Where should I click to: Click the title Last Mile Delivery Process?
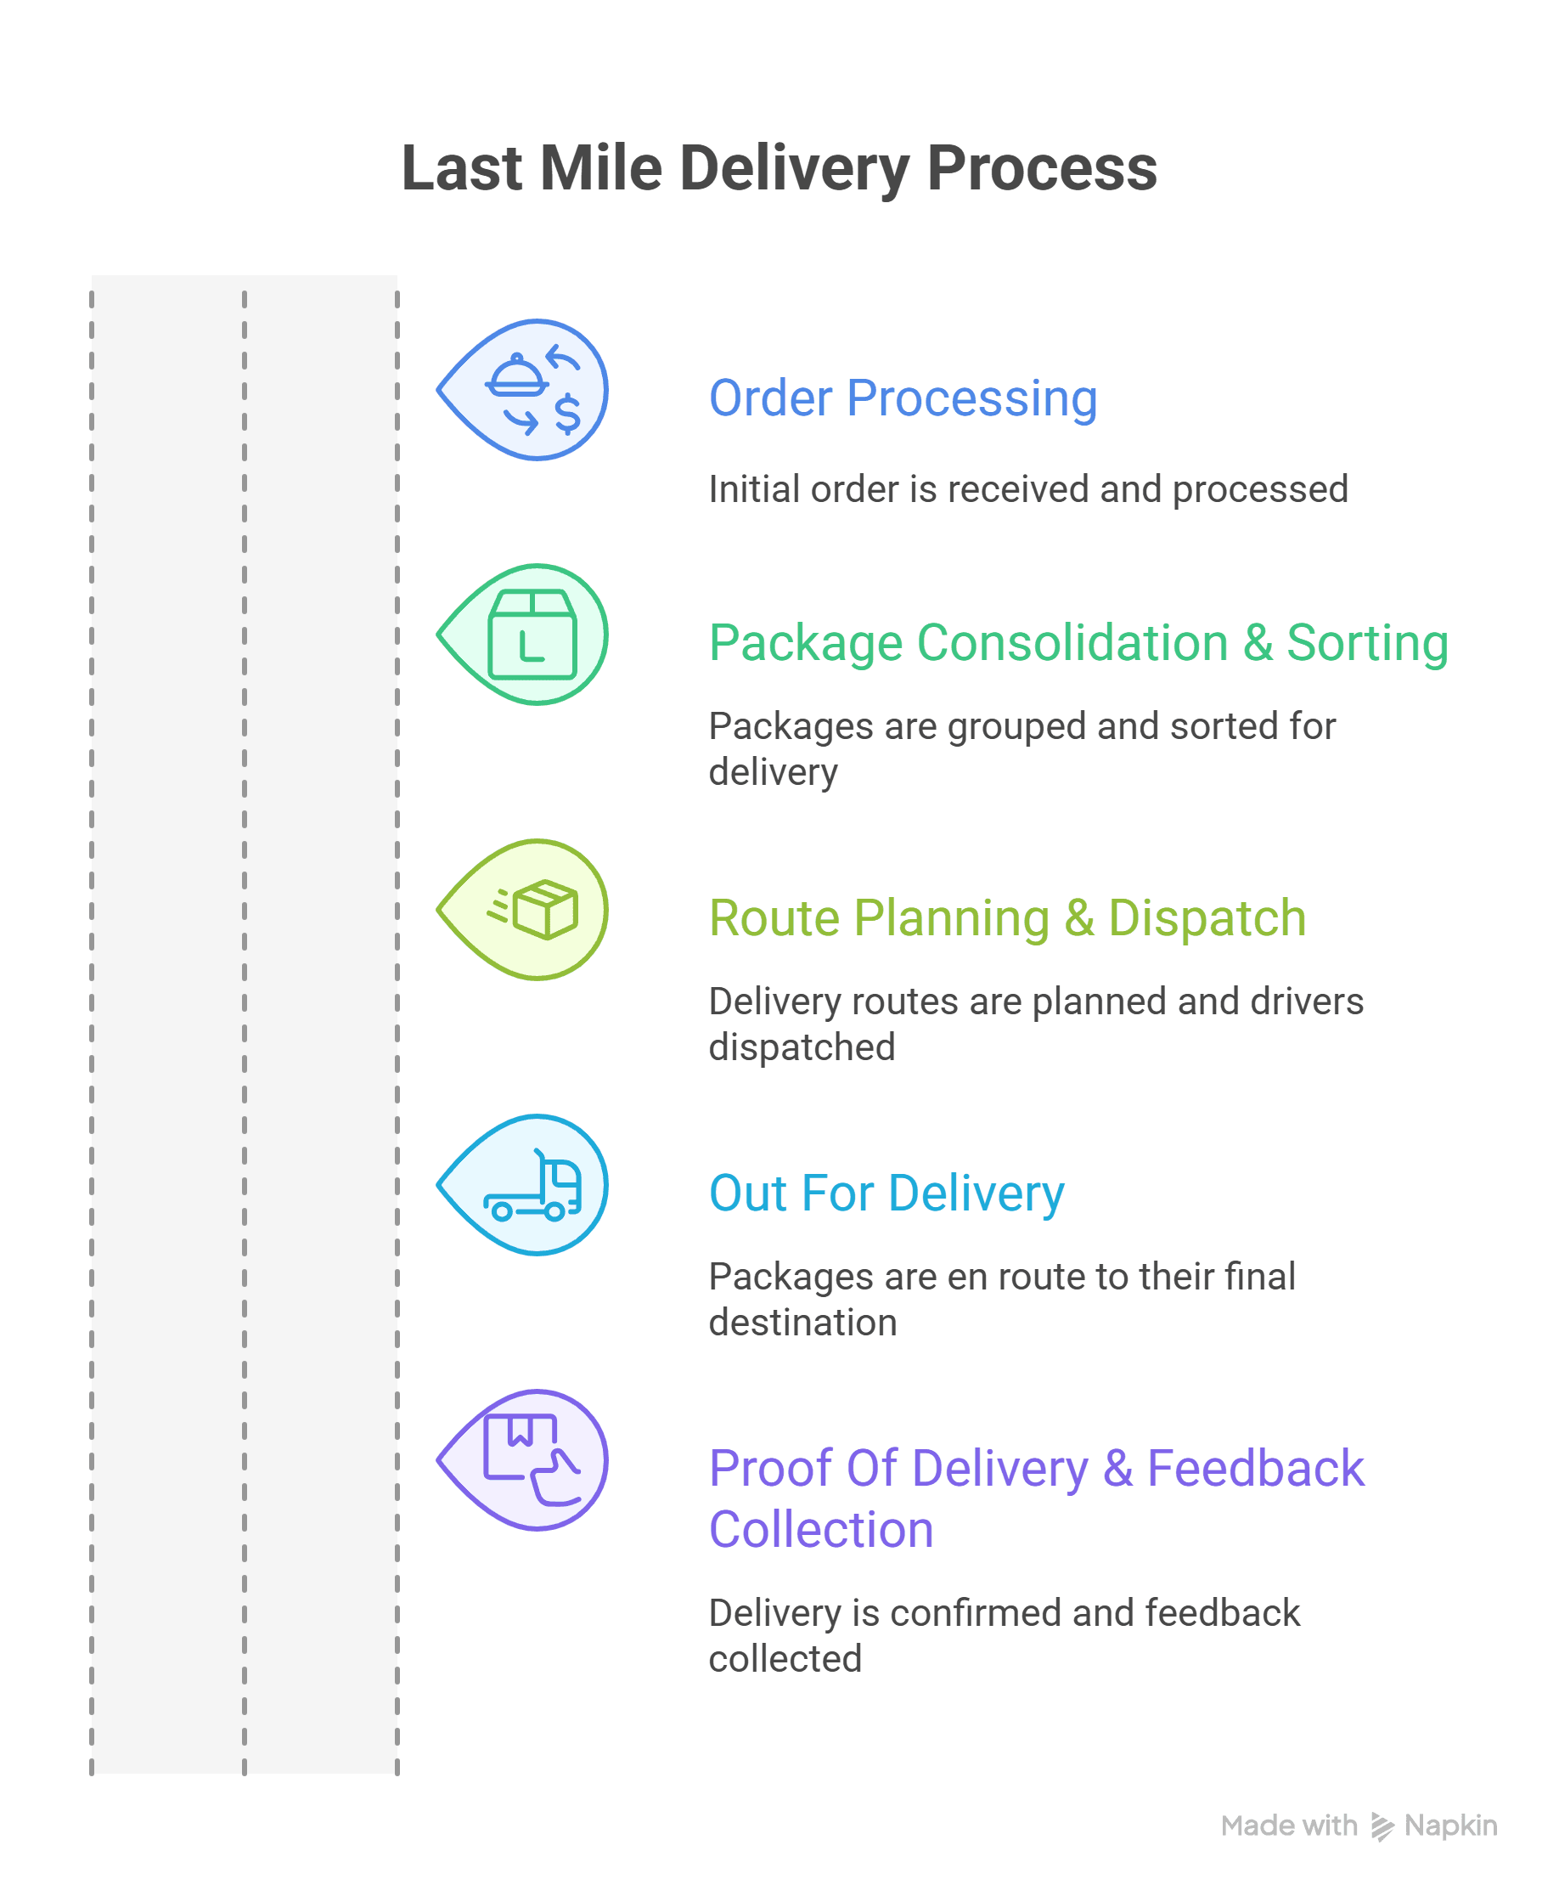tap(779, 169)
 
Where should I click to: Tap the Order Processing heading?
tap(903, 398)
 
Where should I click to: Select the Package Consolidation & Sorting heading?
tap(1078, 643)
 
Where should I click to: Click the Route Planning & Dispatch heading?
tap(1007, 918)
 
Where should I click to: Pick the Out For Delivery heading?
tap(886, 1193)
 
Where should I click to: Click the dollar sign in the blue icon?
tap(567, 414)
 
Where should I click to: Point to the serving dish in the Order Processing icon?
tap(516, 376)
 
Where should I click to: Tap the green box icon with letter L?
tap(532, 635)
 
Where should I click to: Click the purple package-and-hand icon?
tap(532, 1459)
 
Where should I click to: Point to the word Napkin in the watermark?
tap(1450, 1826)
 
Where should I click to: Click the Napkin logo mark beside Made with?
tap(1382, 1827)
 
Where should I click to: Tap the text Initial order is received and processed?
tap(1028, 489)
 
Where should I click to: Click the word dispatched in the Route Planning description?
tap(802, 1047)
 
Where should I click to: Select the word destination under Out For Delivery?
tap(802, 1323)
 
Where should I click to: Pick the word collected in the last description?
tap(785, 1659)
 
